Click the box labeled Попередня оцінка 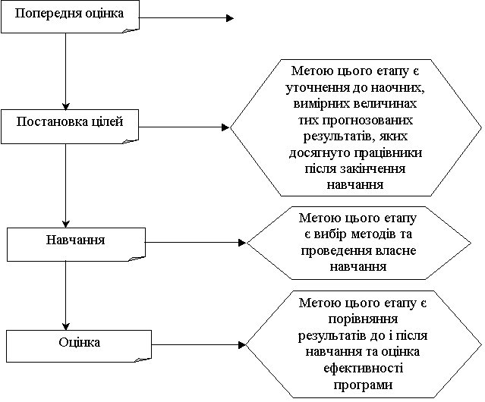[70, 17]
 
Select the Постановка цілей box [70, 127]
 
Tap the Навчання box [76, 244]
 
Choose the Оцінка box [79, 346]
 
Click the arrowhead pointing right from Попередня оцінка [230, 18]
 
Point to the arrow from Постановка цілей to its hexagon [184, 127]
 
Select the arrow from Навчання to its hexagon [196, 243]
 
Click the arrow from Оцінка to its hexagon [199, 344]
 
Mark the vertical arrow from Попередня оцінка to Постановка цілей [65, 71]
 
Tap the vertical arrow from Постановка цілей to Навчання [65, 186]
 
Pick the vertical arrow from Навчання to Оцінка [65, 296]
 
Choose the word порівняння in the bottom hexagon [363, 319]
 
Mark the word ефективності [364, 369]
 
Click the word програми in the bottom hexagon [363, 385]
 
